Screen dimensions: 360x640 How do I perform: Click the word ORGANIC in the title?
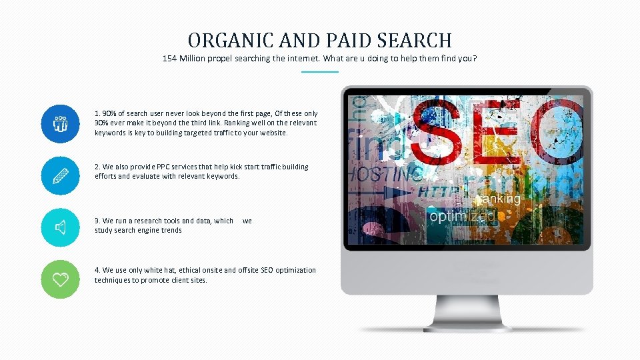click(x=227, y=41)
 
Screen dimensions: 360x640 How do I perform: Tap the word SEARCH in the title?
click(x=414, y=41)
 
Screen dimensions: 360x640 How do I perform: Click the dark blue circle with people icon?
click(x=61, y=123)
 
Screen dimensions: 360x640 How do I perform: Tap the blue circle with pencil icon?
click(x=61, y=176)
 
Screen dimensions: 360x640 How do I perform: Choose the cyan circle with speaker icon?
click(x=61, y=228)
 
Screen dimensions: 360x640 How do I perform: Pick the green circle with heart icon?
click(x=61, y=279)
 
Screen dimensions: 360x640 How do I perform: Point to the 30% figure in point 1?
click(x=102, y=123)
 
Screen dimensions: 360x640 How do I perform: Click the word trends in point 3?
click(x=169, y=230)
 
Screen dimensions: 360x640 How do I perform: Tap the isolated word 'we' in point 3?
click(x=247, y=221)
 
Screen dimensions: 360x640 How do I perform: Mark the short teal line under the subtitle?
click(x=319, y=71)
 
